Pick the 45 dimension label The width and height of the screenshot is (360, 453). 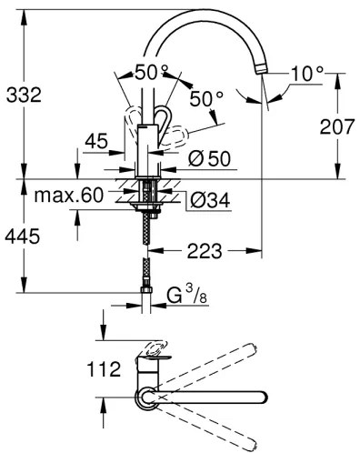click(94, 141)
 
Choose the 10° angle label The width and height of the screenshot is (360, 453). click(305, 72)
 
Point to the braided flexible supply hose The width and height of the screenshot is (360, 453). click(145, 237)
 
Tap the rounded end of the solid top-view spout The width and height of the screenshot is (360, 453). click(265, 397)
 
